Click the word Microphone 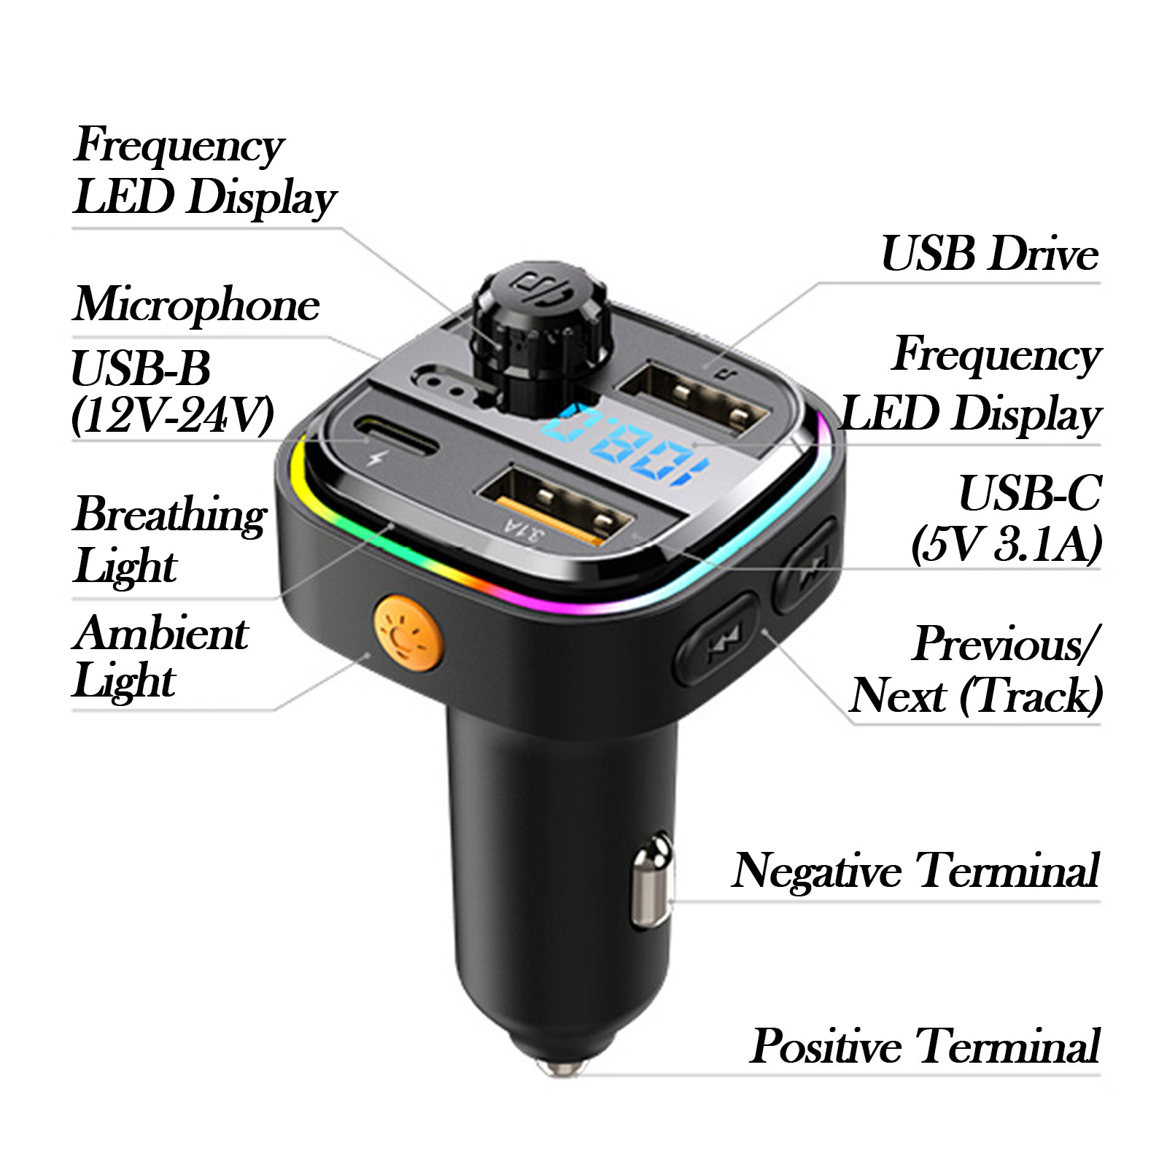(196, 305)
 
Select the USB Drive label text (990, 254)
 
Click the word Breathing (170, 515)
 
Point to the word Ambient (161, 632)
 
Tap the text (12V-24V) (173, 416)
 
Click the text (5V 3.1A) (1007, 544)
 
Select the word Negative (817, 871)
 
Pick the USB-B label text (141, 368)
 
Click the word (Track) (1031, 696)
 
